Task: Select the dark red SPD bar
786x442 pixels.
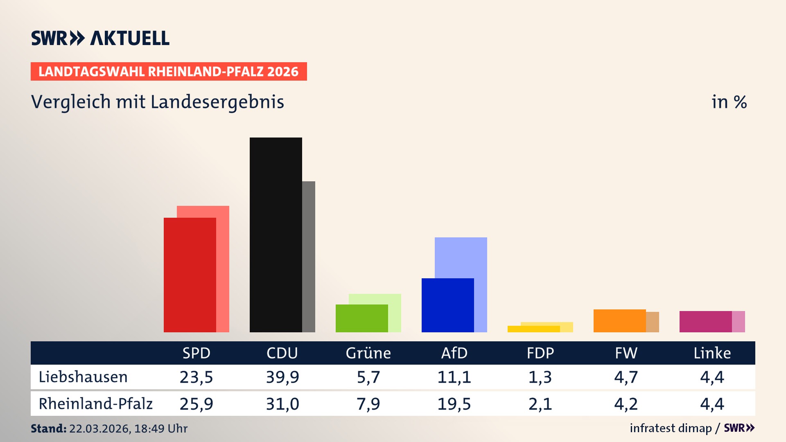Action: pyautogui.click(x=190, y=275)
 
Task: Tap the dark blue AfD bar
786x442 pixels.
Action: pyautogui.click(x=447, y=305)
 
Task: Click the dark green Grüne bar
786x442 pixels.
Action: pyautogui.click(x=361, y=318)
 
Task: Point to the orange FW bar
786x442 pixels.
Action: pyautogui.click(x=619, y=320)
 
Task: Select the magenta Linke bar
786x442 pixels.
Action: pyautogui.click(x=705, y=321)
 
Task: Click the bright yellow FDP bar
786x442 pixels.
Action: pyautogui.click(x=533, y=329)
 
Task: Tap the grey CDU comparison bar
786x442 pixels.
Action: pyautogui.click(x=309, y=256)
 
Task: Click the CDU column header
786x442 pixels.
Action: pyautogui.click(x=282, y=353)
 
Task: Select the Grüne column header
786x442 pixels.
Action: pyautogui.click(x=368, y=353)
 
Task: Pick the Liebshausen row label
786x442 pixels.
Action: pyautogui.click(x=83, y=377)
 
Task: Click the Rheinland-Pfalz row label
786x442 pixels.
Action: pyautogui.click(x=95, y=404)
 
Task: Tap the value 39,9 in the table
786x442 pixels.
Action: pyautogui.click(x=282, y=377)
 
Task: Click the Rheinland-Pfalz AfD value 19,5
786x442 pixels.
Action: pyautogui.click(x=454, y=404)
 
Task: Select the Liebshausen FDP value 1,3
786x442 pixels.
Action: pyautogui.click(x=540, y=377)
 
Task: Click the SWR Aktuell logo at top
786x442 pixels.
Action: pyautogui.click(x=100, y=38)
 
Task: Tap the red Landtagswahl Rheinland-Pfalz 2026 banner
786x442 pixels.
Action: pyautogui.click(x=169, y=72)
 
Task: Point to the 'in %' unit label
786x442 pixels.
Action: pyautogui.click(x=729, y=102)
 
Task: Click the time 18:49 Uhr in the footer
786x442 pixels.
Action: pyautogui.click(x=160, y=428)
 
